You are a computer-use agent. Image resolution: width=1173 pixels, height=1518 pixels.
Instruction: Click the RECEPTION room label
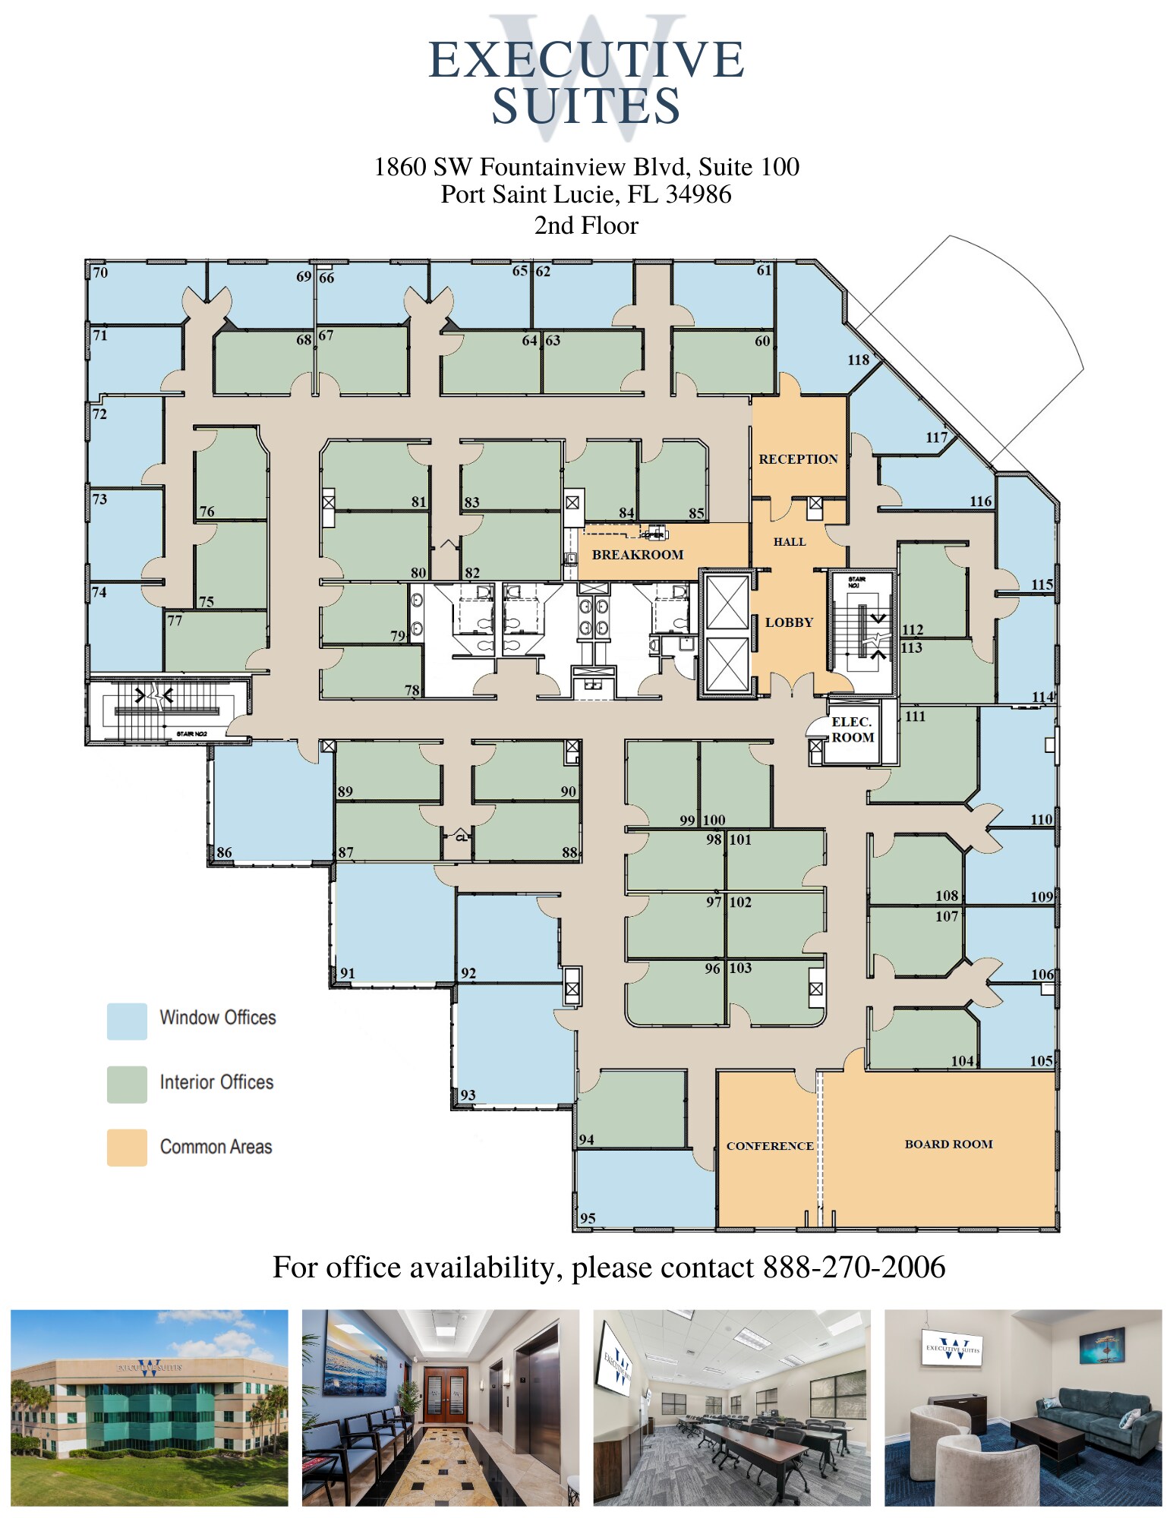click(x=798, y=459)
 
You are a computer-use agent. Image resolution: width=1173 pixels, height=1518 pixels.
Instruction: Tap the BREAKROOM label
click(x=638, y=555)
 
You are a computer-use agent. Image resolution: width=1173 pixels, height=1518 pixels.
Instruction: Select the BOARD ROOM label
click(x=948, y=1144)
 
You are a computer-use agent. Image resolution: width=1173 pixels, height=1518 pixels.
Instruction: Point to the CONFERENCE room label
click(x=769, y=1145)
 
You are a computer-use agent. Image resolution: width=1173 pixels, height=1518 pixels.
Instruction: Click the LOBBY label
click(x=789, y=622)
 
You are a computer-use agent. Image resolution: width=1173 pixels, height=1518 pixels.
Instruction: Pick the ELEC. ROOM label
click(x=852, y=729)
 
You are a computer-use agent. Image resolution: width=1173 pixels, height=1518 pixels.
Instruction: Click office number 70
click(x=100, y=272)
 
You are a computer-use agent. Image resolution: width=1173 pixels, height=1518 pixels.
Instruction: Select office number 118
click(x=858, y=360)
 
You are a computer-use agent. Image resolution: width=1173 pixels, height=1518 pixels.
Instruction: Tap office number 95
click(x=588, y=1217)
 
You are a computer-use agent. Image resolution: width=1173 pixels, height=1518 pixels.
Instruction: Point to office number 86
click(x=224, y=852)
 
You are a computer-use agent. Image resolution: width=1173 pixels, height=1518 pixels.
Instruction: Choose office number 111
click(x=915, y=716)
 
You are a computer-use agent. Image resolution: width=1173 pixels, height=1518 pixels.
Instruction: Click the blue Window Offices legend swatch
click(x=127, y=1021)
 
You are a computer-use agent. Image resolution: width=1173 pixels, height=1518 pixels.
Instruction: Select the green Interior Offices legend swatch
click(x=127, y=1084)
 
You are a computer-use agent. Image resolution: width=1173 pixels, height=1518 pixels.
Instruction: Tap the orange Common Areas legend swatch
click(x=127, y=1147)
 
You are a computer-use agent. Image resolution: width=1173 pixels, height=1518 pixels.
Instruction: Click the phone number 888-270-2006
click(x=854, y=1267)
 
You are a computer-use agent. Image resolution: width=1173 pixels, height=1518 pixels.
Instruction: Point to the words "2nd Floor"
click(x=586, y=225)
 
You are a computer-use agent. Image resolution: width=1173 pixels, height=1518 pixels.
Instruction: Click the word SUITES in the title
click(x=586, y=106)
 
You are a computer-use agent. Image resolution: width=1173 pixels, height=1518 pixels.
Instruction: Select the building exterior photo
click(x=150, y=1407)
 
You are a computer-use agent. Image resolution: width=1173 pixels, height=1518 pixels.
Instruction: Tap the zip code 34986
click(x=698, y=194)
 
